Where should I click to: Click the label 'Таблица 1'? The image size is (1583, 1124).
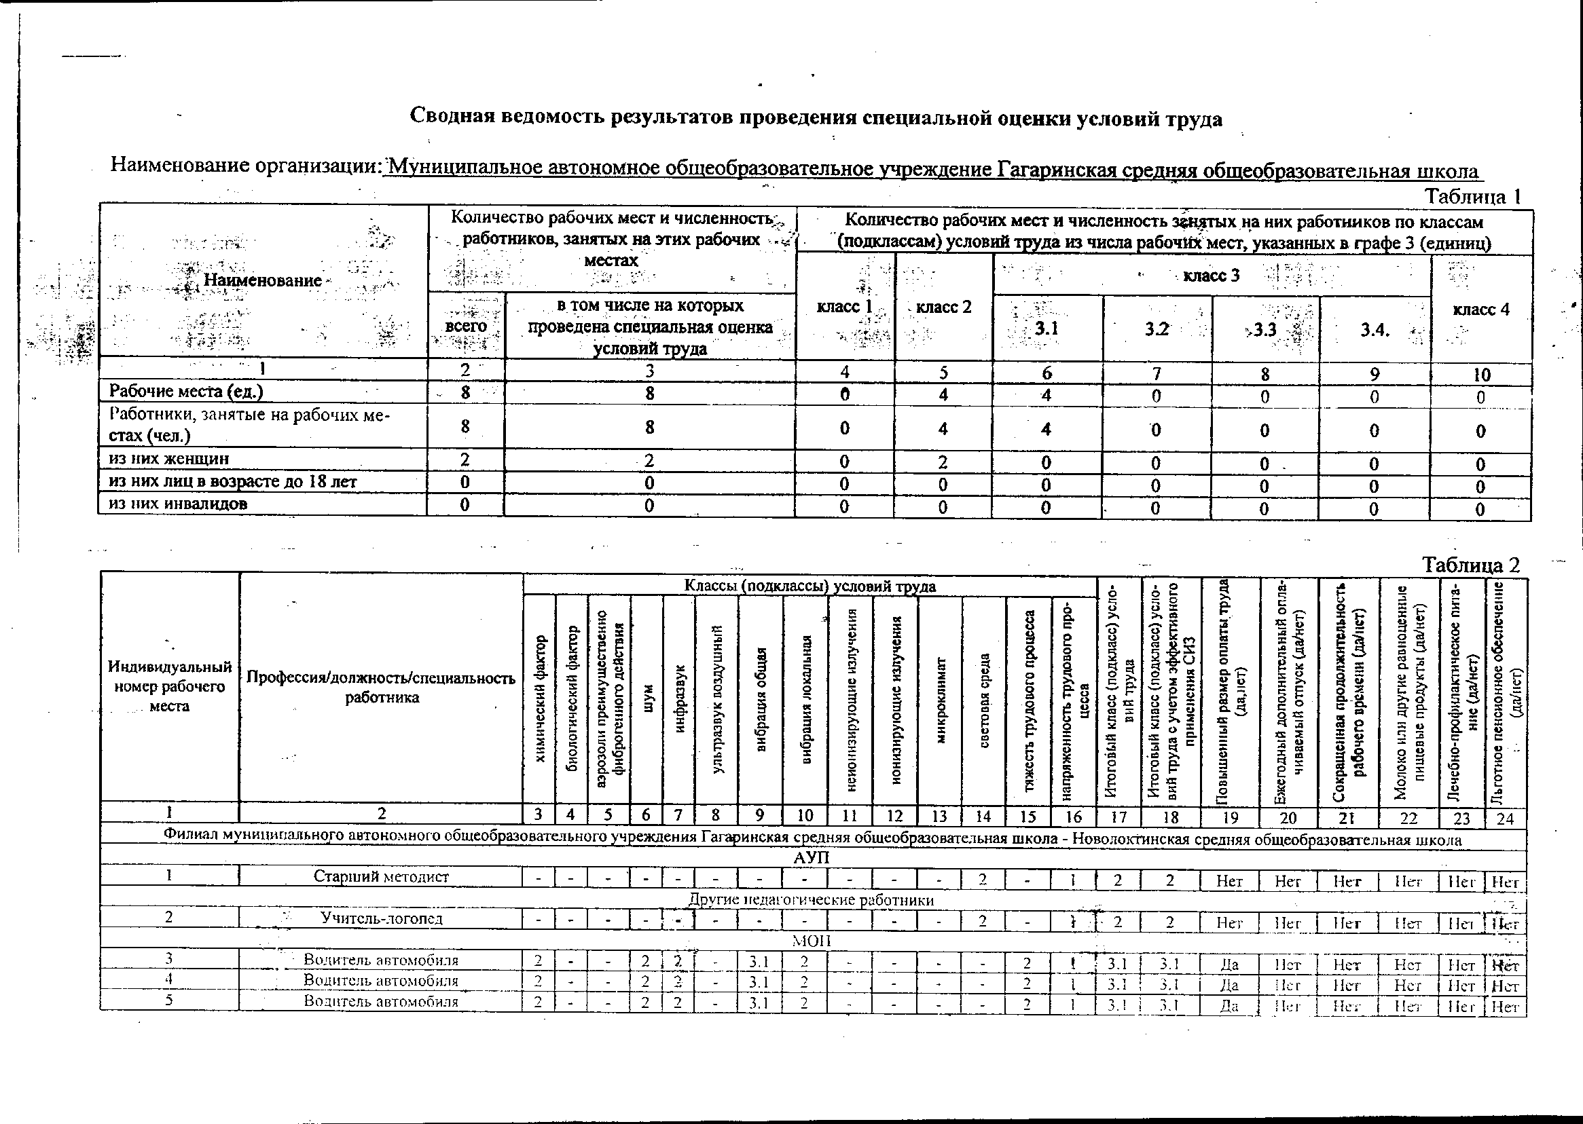point(1472,197)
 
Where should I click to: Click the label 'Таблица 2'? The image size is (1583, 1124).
point(1471,565)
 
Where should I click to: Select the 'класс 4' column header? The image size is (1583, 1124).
point(1480,310)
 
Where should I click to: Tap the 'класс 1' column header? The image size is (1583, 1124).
point(843,307)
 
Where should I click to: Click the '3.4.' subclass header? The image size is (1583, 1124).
point(1375,330)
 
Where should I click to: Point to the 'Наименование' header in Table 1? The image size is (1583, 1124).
point(262,280)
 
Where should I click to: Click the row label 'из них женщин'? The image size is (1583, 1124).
point(169,459)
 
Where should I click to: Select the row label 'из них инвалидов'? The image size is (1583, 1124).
point(178,503)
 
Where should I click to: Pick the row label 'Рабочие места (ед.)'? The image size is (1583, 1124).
point(185,391)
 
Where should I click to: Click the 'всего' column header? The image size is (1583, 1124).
point(465,325)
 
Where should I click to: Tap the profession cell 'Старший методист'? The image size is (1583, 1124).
point(381,876)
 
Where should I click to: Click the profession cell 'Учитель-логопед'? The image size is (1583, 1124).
point(381,918)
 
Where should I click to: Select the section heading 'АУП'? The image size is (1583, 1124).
point(811,857)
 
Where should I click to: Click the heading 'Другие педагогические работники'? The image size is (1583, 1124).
point(811,900)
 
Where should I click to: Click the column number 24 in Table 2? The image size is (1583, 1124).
point(1505,818)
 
